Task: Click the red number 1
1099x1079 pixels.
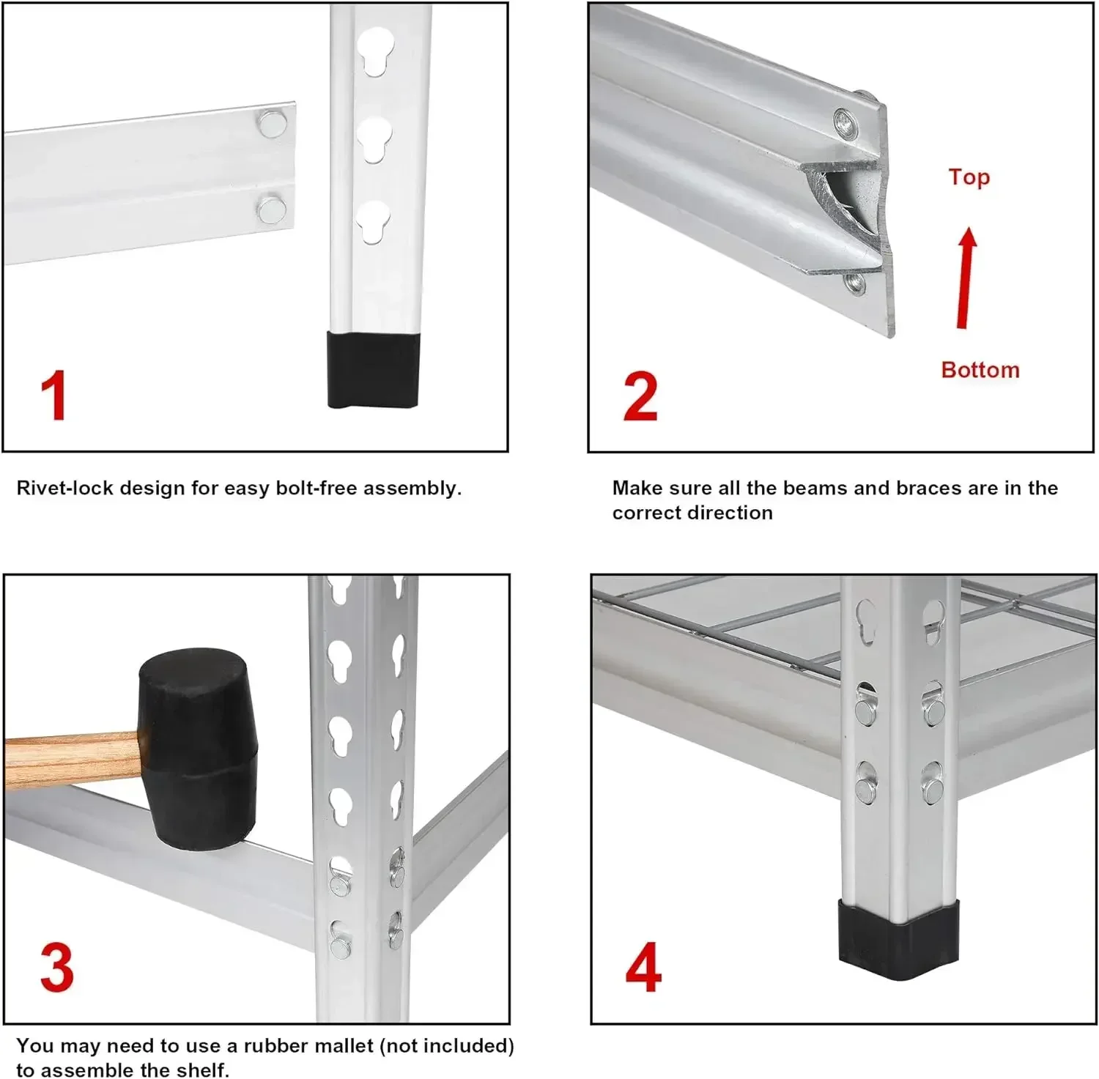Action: [x=54, y=396]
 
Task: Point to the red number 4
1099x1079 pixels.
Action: [x=643, y=968]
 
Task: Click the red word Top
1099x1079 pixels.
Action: [x=969, y=177]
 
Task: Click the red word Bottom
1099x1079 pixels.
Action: [x=980, y=370]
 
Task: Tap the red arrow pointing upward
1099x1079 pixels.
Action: [x=966, y=278]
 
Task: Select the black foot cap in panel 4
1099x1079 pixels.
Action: [x=898, y=941]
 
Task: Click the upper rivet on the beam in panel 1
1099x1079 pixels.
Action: [x=272, y=124]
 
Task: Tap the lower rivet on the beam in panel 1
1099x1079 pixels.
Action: [x=271, y=210]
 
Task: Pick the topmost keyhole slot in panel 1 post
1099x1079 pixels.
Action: [x=375, y=50]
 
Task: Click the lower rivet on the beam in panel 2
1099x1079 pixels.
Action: [x=854, y=283]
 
